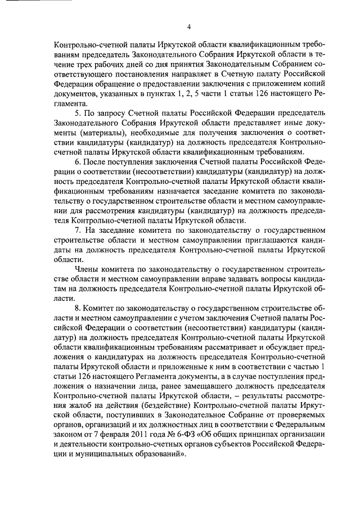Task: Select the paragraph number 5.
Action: pyautogui.click(x=78, y=113)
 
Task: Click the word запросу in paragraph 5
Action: pyautogui.click(x=109, y=113)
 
